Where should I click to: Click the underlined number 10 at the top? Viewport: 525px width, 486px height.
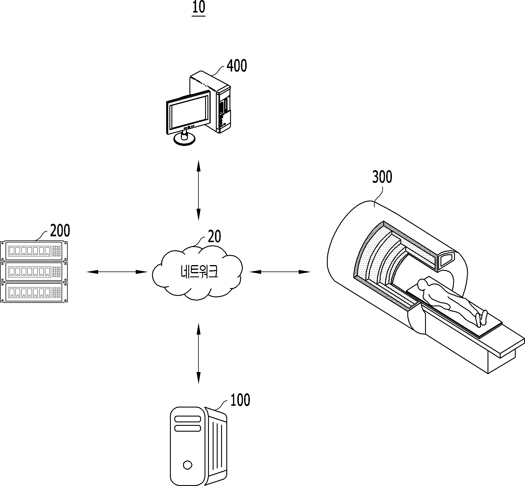199,8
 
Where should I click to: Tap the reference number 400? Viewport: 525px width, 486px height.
237,66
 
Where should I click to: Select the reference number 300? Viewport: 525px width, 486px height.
382,177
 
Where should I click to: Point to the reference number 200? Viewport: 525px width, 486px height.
60,231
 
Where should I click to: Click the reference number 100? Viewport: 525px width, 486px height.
240,400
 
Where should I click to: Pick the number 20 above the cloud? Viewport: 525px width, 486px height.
214,237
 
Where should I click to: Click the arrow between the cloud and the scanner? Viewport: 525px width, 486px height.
280,272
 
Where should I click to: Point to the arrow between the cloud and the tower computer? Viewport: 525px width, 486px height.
198,353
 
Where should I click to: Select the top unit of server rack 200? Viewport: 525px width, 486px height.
34,251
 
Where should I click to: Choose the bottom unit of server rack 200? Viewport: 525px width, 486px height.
34,292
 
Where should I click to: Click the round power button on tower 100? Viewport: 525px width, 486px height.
187,465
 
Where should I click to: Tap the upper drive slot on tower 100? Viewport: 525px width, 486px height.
188,419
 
